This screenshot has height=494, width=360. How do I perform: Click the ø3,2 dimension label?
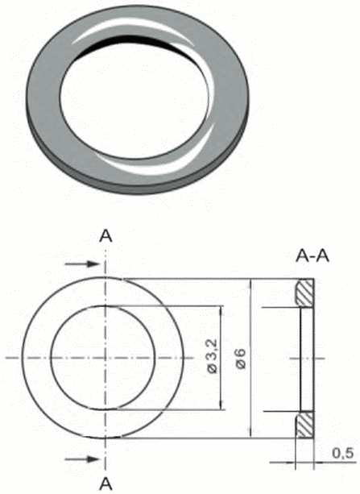(x=213, y=356)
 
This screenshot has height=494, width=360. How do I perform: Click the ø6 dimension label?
(x=241, y=359)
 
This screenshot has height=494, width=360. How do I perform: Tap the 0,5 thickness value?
(x=343, y=454)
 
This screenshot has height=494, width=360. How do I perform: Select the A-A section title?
(x=312, y=256)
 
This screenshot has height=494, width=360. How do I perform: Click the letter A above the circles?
(x=106, y=236)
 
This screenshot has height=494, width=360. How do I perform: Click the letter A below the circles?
(x=106, y=484)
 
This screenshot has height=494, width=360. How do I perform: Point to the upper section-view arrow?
(x=82, y=264)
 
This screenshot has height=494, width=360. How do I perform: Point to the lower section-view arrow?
(x=82, y=459)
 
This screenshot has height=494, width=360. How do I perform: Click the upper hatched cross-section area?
(x=304, y=293)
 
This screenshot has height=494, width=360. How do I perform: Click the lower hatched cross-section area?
(x=304, y=425)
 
